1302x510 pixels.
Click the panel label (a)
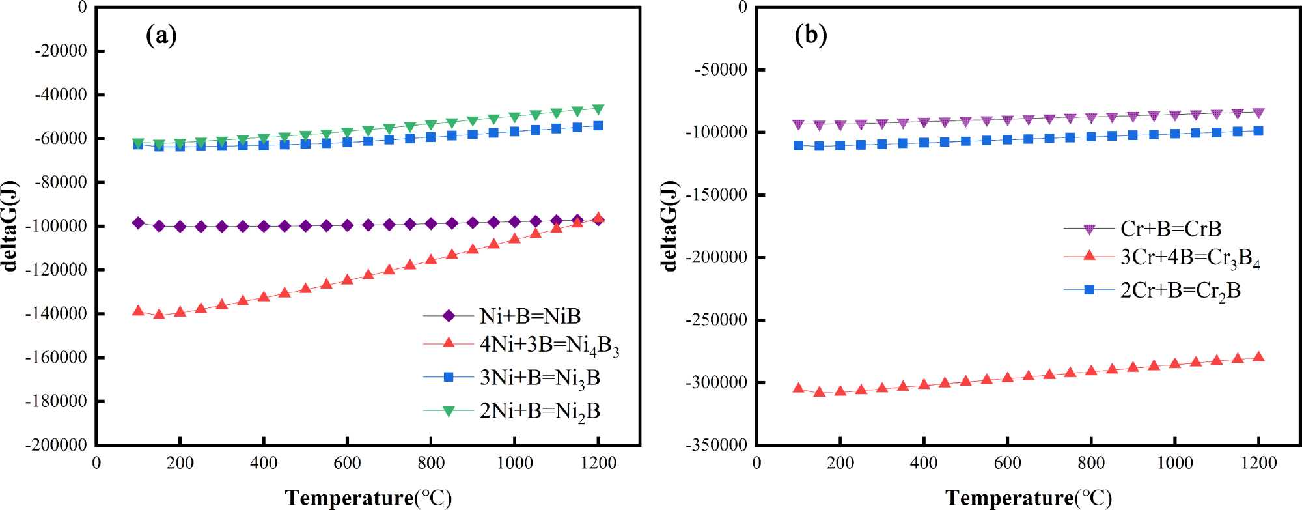(161, 35)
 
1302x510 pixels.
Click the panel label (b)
(811, 35)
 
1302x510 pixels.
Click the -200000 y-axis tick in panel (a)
(56, 445)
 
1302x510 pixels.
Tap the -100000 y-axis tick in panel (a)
(56, 226)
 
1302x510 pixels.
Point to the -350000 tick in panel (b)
(716, 445)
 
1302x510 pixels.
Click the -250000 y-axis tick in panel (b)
(716, 320)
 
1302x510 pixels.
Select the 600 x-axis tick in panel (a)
(347, 463)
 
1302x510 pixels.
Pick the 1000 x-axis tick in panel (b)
(1174, 463)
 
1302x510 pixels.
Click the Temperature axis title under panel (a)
(368, 498)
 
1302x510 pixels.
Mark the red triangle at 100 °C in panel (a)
(138, 311)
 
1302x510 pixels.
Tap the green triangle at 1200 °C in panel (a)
(598, 109)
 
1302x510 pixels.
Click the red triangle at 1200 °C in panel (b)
(1258, 357)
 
